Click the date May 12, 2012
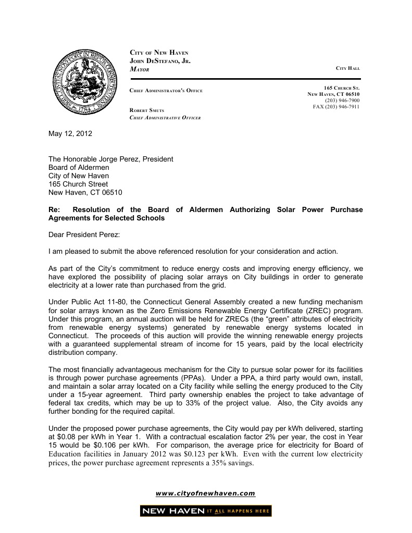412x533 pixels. point(70,133)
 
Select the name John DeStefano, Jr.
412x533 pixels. point(160,61)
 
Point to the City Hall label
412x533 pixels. point(347,69)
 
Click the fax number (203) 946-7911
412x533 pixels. point(336,106)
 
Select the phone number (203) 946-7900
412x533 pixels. point(342,100)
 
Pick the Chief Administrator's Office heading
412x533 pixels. point(166,91)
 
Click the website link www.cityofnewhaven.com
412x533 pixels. point(206,493)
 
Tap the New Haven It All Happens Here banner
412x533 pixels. point(206,511)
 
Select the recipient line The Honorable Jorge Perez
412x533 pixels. point(110,159)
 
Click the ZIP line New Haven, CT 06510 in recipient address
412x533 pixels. point(85,192)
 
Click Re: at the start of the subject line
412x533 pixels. point(54,209)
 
